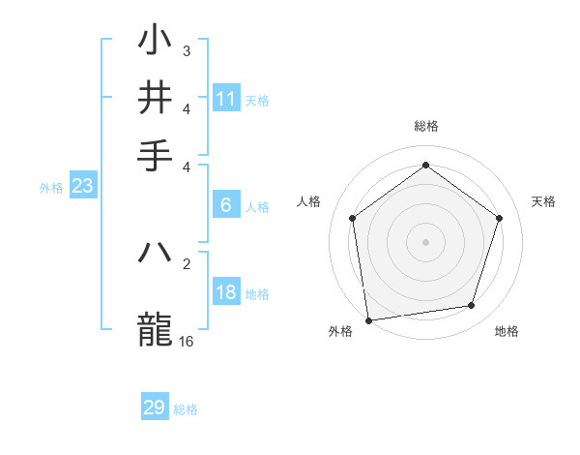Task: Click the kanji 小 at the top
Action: [x=156, y=42]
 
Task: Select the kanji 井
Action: [x=156, y=97]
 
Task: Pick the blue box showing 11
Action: [x=226, y=98]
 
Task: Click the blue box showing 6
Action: [x=226, y=204]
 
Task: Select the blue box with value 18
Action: [x=226, y=292]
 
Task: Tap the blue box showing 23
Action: [x=82, y=186]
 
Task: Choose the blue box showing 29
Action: [x=155, y=408]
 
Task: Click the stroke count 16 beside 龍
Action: [x=187, y=342]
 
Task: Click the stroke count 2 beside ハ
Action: [x=187, y=262]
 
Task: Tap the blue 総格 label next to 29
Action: [x=186, y=409]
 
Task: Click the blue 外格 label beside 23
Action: [x=50, y=188]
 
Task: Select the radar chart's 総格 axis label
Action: [x=425, y=126]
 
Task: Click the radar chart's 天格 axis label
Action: [x=543, y=201]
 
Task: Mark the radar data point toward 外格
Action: [x=368, y=319]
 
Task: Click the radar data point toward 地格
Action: [x=472, y=306]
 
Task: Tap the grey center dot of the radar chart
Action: [x=425, y=241]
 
